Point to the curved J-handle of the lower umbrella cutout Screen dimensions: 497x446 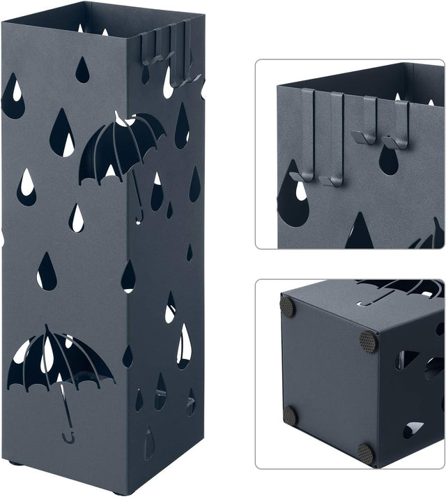tap(69, 437)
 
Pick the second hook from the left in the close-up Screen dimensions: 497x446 tap(334, 140)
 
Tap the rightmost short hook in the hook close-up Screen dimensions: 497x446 tap(397, 126)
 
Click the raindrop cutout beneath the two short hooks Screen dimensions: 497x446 tap(388, 161)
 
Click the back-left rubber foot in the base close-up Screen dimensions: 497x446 tap(287, 306)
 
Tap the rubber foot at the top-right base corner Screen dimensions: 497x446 tap(367, 341)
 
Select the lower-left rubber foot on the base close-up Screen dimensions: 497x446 tap(290, 416)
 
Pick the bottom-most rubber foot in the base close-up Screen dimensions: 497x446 tap(367, 453)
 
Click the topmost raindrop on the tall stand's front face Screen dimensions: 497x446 tap(82, 70)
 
